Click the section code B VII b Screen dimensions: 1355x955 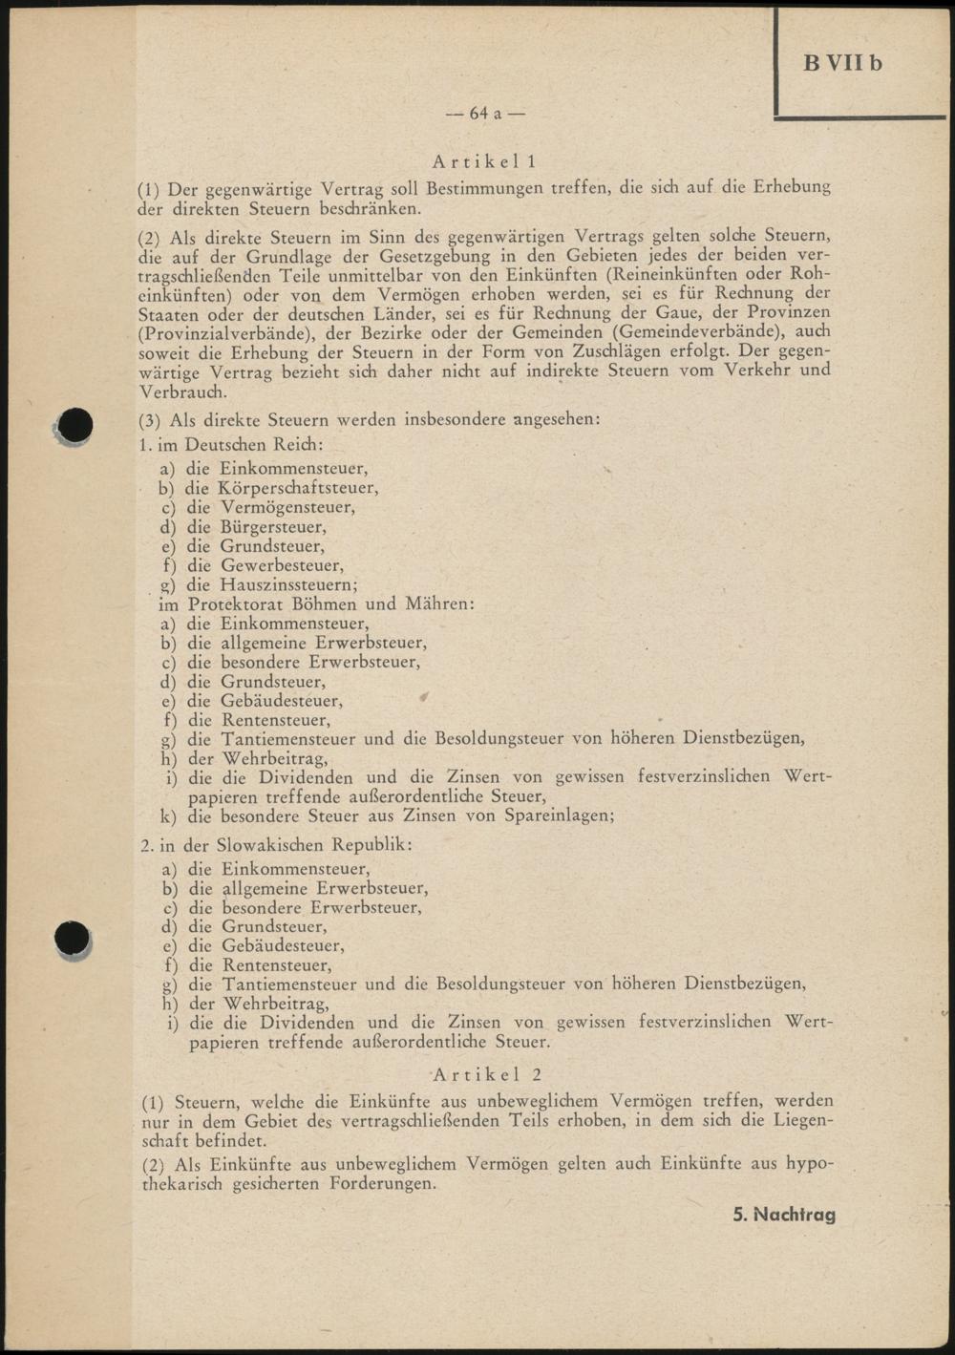tap(842, 63)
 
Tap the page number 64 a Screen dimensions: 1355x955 tap(485, 114)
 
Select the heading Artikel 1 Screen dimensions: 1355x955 tap(485, 161)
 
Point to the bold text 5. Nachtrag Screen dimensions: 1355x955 tap(784, 1215)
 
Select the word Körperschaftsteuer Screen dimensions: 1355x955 tap(297, 488)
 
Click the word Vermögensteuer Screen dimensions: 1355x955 tap(286, 507)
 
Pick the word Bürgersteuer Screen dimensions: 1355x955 tap(272, 526)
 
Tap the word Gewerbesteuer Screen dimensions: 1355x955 tap(282, 565)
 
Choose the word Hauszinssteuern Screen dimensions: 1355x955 tap(288, 584)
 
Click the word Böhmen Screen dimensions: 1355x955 tap(292, 603)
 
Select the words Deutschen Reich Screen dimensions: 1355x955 tap(252, 445)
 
